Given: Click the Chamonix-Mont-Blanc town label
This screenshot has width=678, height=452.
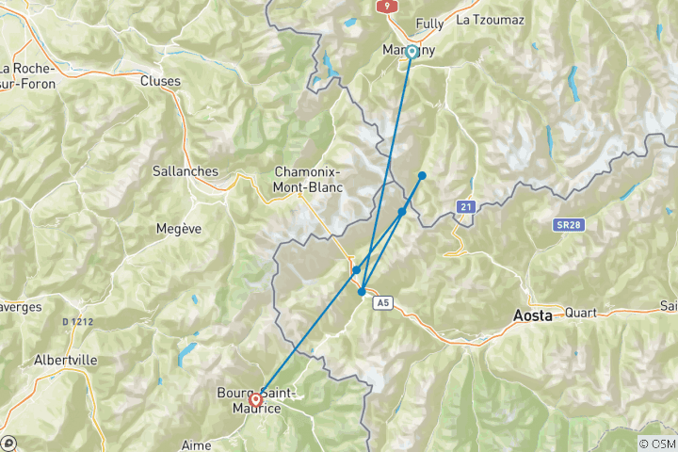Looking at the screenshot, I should [x=307, y=179].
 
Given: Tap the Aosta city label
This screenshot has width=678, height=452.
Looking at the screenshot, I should [x=533, y=316].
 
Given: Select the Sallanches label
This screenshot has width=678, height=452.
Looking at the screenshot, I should [x=185, y=171].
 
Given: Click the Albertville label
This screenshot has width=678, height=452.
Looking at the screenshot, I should [x=65, y=361].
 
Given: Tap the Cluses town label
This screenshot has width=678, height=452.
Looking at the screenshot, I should [x=160, y=81].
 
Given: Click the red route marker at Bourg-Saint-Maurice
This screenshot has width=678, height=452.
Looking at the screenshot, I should [x=256, y=399].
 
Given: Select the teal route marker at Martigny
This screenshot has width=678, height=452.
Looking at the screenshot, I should [x=412, y=51].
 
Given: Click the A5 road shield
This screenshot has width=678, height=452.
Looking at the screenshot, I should [x=381, y=302].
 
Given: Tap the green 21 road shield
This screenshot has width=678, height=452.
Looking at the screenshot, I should [x=465, y=205].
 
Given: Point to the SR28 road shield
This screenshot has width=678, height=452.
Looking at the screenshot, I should [x=565, y=224].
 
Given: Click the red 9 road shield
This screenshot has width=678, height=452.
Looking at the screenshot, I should [x=386, y=6].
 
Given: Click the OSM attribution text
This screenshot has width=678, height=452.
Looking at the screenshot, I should [x=657, y=444].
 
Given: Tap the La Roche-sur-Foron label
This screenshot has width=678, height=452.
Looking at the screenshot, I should [x=28, y=75].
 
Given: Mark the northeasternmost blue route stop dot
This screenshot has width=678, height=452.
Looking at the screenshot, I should [x=422, y=175].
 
